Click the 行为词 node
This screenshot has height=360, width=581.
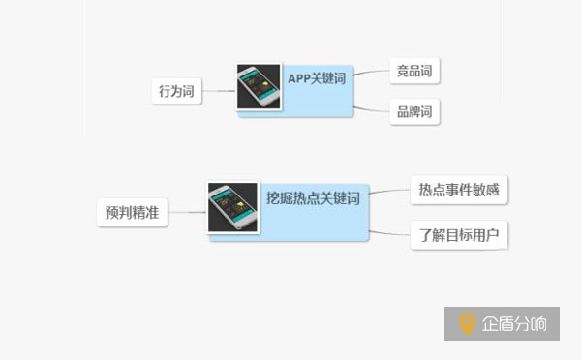pyautogui.click(x=177, y=92)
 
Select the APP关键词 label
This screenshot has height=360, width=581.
pyautogui.click(x=319, y=78)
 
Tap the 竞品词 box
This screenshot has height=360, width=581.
pyautogui.click(x=413, y=71)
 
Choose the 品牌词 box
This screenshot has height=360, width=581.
pyautogui.click(x=413, y=111)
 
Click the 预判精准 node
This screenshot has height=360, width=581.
pyautogui.click(x=133, y=212)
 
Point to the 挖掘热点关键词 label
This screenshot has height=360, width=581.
pyautogui.click(x=313, y=197)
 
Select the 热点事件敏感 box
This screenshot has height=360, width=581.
pyautogui.click(x=458, y=190)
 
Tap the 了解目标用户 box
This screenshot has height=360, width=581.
pyautogui.click(x=458, y=234)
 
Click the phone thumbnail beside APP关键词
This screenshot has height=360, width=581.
pyautogui.click(x=260, y=88)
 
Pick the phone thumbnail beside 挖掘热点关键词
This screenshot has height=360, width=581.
pyautogui.click(x=232, y=206)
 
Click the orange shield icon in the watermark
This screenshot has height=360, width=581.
pyautogui.click(x=467, y=324)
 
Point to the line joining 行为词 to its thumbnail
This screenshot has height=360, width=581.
pyautogui.click(x=220, y=92)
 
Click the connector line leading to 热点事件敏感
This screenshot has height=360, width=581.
pyautogui.click(x=389, y=191)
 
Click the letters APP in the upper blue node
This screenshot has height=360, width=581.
pyautogui.click(x=301, y=78)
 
